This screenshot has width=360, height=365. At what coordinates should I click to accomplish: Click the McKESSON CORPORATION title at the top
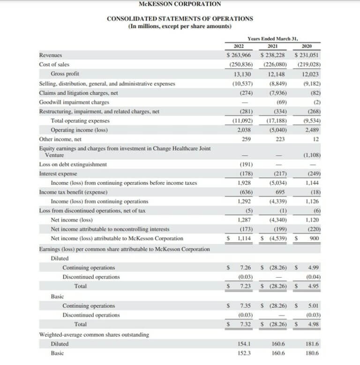(x=180, y=4)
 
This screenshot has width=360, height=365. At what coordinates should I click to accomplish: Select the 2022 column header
(x=240, y=46)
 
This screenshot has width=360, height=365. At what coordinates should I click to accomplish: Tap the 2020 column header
(x=307, y=46)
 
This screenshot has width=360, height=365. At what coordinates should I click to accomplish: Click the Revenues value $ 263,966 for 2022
(x=240, y=55)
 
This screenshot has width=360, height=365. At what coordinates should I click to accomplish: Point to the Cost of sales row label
(x=54, y=64)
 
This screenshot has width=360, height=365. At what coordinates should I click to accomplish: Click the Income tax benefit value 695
(x=280, y=192)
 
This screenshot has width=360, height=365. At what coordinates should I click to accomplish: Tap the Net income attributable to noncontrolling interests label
(x=110, y=229)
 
